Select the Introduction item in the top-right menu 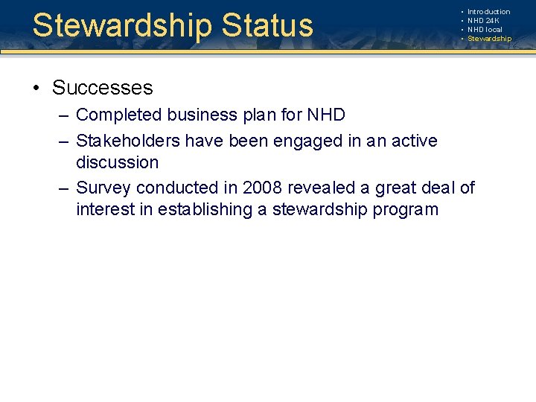pos(488,12)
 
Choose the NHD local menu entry pos(485,30)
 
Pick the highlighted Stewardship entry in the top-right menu pos(489,39)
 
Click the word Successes pos(102,88)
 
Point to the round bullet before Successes pos(36,89)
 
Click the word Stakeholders pos(128,140)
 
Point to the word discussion pos(117,162)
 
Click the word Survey pos(101,187)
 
